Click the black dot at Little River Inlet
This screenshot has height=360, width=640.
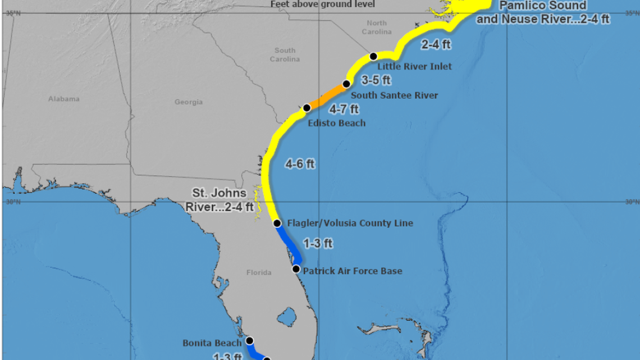pos(373,56)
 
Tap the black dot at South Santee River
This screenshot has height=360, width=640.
pos(346,84)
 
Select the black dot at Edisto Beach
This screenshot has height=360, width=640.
pos(307,107)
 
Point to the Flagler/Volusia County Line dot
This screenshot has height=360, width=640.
pos(277,223)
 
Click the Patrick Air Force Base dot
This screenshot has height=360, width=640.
pos(296,268)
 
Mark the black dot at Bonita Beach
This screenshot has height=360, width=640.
pos(250,340)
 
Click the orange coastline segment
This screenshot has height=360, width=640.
pos(327,96)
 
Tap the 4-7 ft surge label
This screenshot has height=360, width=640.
pos(344,109)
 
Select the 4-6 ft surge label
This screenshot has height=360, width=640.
pos(300,165)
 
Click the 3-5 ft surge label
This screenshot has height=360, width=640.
pos(376,80)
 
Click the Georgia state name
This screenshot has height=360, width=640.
pos(189,102)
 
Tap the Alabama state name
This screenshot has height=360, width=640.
pos(64,99)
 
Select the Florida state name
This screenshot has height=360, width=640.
pos(259,272)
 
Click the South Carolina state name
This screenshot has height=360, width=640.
pos(285,54)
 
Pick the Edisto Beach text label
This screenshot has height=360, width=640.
pos(337,123)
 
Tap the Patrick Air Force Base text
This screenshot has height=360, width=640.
pos(353,271)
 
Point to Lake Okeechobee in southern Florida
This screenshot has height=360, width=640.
pos(287,317)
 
